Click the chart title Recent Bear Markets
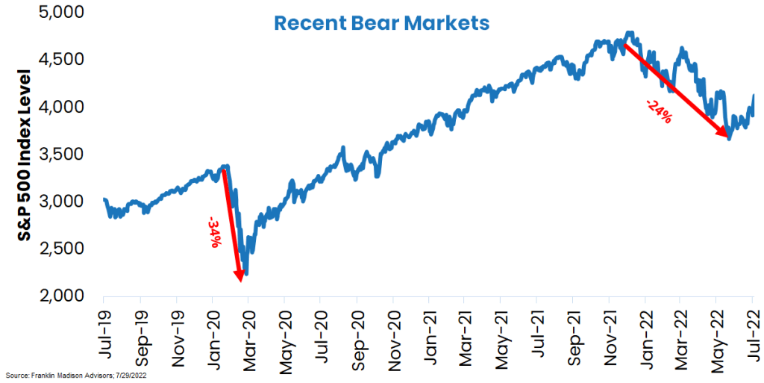point(381,23)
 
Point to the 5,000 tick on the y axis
point(64,13)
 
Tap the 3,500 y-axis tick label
point(64,155)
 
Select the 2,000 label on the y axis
point(64,296)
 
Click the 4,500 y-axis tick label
point(64,60)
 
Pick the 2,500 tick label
point(64,249)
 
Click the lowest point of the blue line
point(246,274)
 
